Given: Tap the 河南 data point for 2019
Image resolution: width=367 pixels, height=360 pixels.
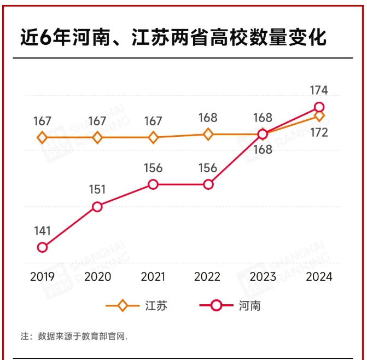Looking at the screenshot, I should click(42, 247).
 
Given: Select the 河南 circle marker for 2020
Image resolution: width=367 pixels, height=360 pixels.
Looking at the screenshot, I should click(97, 206).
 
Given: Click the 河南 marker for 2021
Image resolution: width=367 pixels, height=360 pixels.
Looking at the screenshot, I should click(153, 184).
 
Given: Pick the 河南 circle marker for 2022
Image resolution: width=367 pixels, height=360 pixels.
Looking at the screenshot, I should click(208, 184).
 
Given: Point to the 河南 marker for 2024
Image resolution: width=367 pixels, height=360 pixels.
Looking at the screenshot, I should click(319, 107).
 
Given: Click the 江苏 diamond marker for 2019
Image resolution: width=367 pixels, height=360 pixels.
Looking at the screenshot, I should click(42, 137).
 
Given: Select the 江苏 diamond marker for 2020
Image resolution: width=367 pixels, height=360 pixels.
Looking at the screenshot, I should click(97, 137).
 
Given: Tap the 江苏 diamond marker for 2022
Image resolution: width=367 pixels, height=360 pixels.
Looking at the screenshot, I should click(208, 133).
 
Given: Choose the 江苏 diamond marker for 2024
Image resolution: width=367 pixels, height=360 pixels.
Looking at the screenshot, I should click(319, 116).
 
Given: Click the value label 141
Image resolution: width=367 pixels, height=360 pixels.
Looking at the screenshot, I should click(42, 230).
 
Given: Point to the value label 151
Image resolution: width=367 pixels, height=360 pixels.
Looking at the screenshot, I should click(97, 189).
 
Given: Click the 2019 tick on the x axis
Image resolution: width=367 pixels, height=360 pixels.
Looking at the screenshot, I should click(42, 277).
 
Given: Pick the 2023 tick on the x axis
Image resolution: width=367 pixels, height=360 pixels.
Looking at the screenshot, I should click(263, 277).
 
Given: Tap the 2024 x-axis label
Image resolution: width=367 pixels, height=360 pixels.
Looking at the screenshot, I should click(319, 277).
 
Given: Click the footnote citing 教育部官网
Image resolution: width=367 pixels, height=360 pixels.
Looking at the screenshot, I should click(74, 336).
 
